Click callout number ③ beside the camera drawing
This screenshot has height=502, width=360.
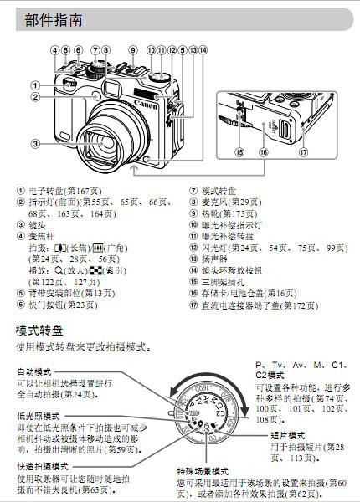(x=33, y=143)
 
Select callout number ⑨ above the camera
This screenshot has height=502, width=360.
(x=132, y=50)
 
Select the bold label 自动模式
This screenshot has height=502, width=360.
(x=37, y=371)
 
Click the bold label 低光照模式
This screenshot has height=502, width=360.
(x=40, y=416)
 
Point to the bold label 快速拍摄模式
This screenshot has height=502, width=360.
(x=43, y=467)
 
